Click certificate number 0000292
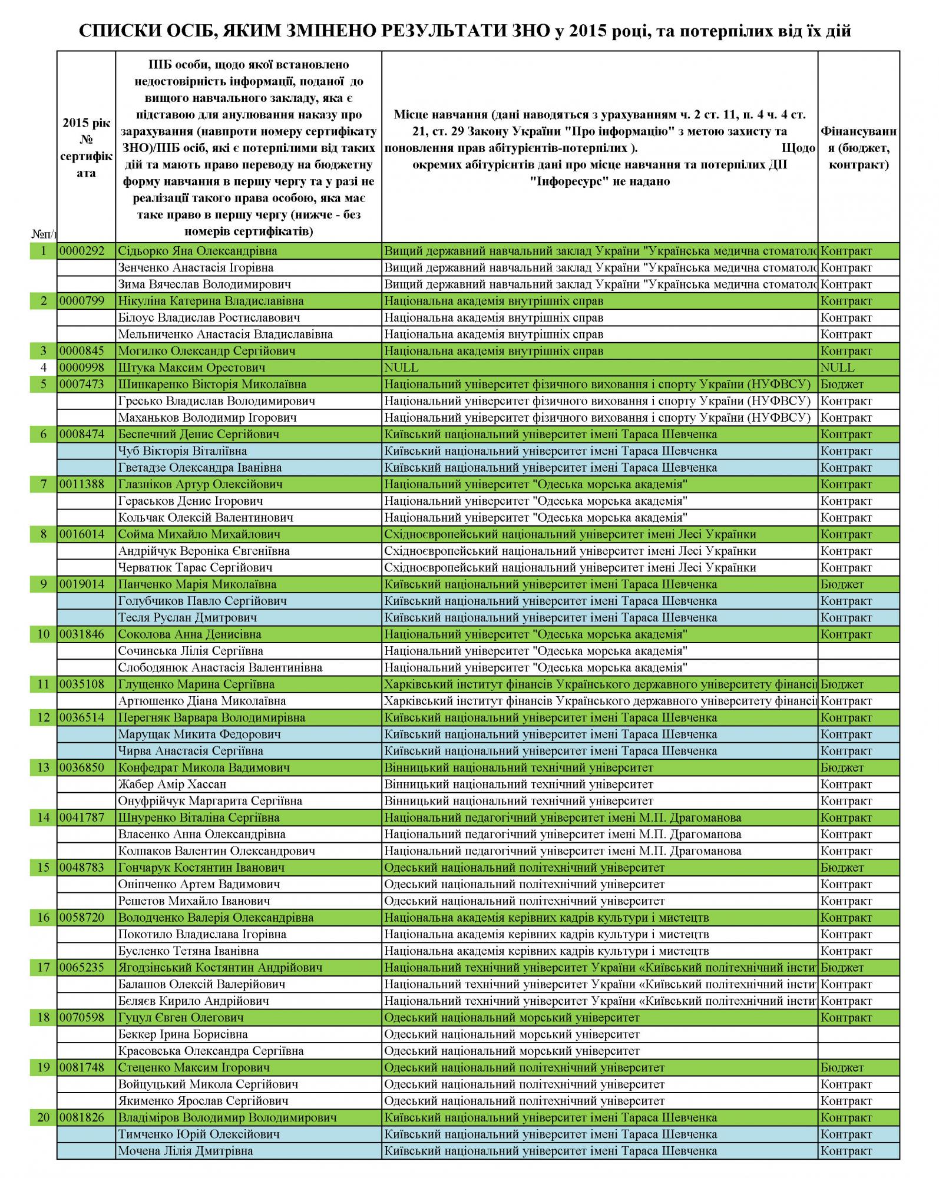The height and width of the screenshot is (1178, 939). coord(82,251)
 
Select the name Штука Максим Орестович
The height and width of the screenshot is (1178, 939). coord(191,368)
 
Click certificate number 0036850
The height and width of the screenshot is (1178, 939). coord(82,767)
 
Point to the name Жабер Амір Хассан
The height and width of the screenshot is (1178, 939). coord(172,785)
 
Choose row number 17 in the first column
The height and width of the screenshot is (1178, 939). coord(44,968)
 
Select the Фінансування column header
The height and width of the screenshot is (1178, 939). coord(858,147)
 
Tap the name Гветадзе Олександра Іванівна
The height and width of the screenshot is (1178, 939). coord(200,468)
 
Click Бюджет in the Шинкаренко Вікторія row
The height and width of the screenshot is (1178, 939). coord(842,385)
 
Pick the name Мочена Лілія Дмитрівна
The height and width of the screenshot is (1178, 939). coord(186,1151)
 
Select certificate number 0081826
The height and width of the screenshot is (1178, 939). coord(82,1117)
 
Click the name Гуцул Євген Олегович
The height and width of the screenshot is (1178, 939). coord(181,1018)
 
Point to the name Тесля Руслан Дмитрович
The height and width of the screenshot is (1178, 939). coord(187,618)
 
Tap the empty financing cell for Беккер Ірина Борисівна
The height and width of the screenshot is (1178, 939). coord(858,1034)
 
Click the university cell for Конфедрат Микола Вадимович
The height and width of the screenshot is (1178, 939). coord(518,767)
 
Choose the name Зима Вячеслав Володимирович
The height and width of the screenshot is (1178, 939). coord(204,284)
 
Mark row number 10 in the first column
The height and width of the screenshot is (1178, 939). coord(44,634)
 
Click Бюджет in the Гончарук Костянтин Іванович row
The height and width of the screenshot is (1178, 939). coord(842,868)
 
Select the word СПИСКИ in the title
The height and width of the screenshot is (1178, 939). coord(111,31)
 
